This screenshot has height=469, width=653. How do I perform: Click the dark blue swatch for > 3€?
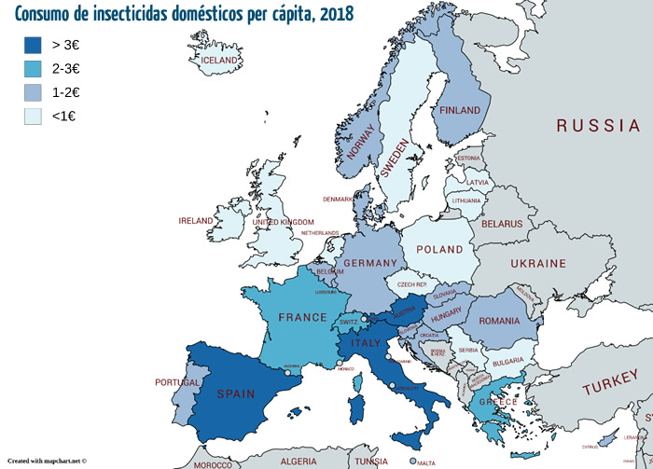(33, 45)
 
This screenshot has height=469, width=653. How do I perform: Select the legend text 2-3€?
(66, 68)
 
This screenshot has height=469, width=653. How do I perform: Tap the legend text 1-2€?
(66, 91)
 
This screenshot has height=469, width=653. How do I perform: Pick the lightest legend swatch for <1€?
(33, 116)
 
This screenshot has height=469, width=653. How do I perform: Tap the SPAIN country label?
(235, 394)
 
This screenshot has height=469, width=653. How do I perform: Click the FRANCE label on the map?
(303, 317)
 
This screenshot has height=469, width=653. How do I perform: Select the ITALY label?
(366, 344)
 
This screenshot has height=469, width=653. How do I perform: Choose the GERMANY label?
(370, 264)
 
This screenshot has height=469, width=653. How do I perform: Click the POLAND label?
(439, 250)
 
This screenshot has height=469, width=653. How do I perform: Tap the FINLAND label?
(459, 110)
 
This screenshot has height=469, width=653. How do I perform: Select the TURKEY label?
(609, 389)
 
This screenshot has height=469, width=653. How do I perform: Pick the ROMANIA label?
(505, 321)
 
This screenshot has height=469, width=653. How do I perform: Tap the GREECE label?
(497, 403)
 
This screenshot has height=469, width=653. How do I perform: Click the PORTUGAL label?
(177, 383)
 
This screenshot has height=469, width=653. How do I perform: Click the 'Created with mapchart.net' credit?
(47, 461)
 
